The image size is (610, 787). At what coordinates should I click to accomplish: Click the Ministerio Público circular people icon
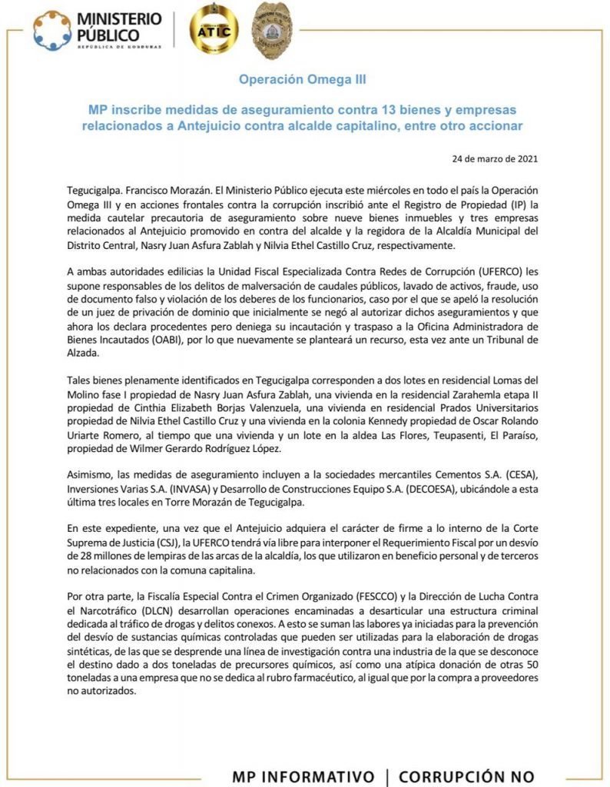click(52, 30)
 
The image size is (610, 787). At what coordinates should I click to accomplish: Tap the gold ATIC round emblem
click(213, 31)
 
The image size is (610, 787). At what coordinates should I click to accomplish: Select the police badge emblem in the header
click(273, 32)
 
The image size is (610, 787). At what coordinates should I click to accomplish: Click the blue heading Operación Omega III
click(303, 79)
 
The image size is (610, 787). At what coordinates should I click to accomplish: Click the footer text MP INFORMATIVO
click(303, 775)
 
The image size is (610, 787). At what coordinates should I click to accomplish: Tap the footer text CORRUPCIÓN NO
click(466, 775)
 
